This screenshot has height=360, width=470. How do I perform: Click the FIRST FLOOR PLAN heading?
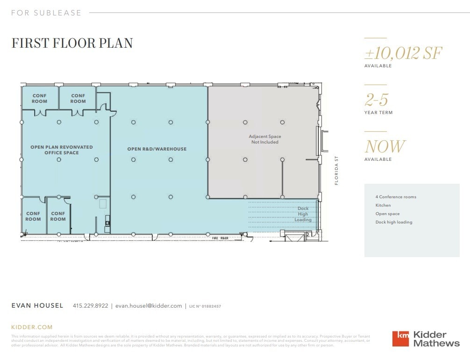click(x=72, y=43)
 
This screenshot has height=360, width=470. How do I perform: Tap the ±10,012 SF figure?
click(x=403, y=53)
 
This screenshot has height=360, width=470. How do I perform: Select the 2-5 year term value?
click(x=376, y=100)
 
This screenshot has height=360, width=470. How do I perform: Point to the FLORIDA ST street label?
click(x=336, y=171)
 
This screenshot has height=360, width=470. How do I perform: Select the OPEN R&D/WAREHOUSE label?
click(x=157, y=149)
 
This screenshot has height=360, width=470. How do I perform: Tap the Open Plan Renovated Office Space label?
click(x=62, y=150)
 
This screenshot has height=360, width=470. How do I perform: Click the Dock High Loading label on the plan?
click(x=303, y=214)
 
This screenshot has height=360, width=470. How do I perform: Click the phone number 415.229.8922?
click(x=90, y=306)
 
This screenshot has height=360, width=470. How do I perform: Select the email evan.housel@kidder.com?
click(x=149, y=306)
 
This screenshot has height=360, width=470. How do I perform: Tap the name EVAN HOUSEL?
click(x=37, y=306)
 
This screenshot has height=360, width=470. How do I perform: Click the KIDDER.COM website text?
click(x=32, y=327)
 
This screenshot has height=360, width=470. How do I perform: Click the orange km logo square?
click(x=400, y=338)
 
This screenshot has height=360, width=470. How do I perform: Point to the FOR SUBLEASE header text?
click(x=46, y=13)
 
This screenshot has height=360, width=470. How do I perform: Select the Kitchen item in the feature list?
click(x=383, y=205)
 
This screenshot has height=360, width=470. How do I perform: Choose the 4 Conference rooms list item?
click(x=396, y=197)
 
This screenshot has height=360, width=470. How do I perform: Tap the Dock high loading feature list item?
click(x=394, y=222)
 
